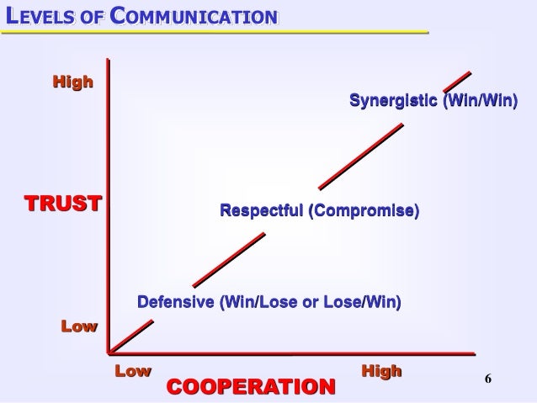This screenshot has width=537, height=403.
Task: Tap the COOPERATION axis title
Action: [251, 385]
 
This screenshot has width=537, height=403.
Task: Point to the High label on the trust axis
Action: [73, 82]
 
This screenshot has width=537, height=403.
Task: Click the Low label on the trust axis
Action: [79, 326]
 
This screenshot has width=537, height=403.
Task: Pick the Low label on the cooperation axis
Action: [132, 370]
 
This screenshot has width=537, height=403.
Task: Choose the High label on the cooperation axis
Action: [380, 370]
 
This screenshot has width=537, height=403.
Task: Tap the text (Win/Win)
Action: [477, 102]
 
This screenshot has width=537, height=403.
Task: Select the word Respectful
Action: [260, 209]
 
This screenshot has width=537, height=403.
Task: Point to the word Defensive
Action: [175, 301]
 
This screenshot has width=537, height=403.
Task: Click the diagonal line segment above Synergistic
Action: [457, 77]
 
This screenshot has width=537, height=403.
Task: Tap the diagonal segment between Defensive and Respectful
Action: [229, 259]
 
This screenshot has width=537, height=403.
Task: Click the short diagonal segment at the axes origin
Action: [120, 340]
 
